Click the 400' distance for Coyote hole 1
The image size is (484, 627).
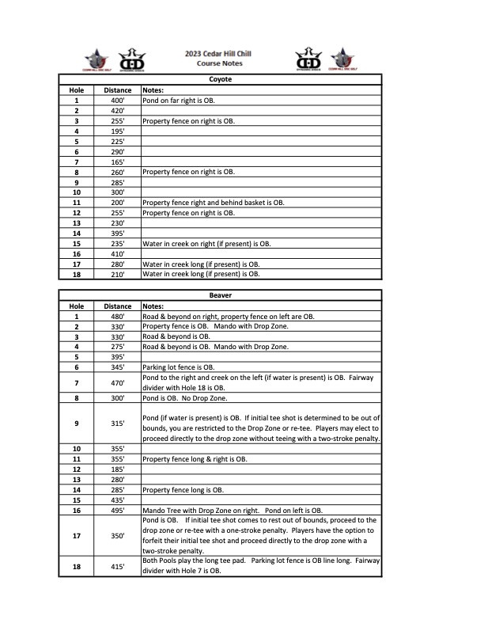tap(118, 101)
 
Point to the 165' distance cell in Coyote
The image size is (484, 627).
tap(118, 161)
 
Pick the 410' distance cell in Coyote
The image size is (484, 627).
tap(118, 254)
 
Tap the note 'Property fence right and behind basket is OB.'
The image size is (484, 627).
tap(213, 203)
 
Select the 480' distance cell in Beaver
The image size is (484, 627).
tap(118, 316)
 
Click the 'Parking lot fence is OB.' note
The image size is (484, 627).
tap(178, 367)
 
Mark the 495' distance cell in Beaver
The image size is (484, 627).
tap(118, 511)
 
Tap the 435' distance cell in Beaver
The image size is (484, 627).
tap(118, 500)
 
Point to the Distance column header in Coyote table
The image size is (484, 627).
tap(118, 91)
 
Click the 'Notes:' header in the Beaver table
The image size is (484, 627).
tap(153, 306)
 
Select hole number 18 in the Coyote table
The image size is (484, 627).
tap(77, 274)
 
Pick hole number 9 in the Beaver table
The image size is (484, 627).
tap(77, 424)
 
